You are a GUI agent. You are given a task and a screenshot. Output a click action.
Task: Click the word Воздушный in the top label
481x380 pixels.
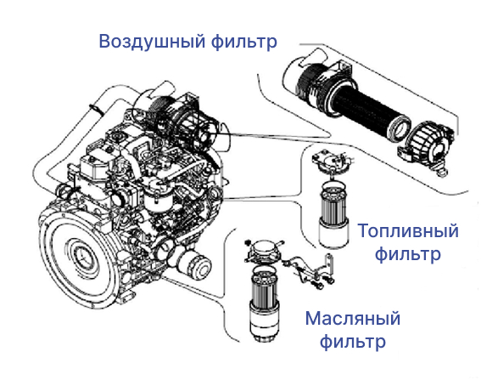[152, 42]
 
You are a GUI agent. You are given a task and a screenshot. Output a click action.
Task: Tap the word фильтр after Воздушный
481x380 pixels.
[243, 42]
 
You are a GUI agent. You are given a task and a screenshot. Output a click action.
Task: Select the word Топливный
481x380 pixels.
[408, 231]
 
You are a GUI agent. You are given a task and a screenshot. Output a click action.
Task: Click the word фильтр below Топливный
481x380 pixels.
[408, 254]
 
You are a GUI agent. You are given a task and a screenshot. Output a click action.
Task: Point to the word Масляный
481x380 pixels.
[353, 319]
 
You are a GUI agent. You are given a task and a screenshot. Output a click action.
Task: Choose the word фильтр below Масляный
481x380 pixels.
[353, 342]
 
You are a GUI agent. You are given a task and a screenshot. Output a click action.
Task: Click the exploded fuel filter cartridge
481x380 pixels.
[333, 214]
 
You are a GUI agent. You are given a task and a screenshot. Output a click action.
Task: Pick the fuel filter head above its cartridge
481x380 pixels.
[332, 162]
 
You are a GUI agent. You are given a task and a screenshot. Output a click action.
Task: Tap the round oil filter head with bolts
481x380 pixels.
[265, 250]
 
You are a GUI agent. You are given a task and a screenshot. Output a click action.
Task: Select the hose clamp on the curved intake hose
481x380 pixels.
[95, 108]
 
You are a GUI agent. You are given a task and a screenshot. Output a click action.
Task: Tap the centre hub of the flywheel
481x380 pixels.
[82, 255]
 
